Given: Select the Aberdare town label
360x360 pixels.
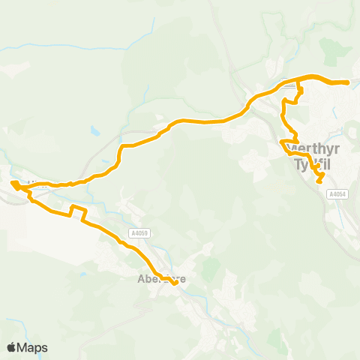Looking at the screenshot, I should point(160,279).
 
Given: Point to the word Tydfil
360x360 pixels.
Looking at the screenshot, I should point(308,162).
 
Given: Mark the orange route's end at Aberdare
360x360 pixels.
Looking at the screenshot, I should point(174,283).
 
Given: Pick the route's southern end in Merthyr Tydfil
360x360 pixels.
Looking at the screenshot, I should point(319,181).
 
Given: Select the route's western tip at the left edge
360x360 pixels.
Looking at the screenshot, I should point(13,182).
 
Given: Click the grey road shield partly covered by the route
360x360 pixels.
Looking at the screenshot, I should point(288,82).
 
